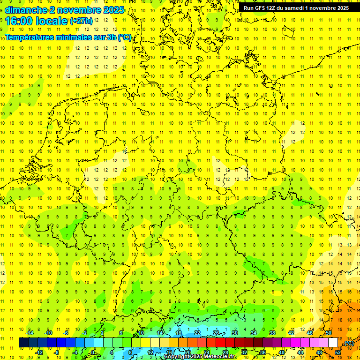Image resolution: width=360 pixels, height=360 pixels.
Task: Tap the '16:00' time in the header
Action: click(19, 21)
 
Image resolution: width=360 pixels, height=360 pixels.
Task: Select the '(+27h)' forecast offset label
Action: click(81, 21)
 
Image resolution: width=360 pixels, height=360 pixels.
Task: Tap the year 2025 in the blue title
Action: click(113, 9)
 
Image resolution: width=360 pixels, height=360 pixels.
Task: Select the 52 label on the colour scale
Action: click(338, 352)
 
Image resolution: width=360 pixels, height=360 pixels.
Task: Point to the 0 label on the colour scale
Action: click(93, 352)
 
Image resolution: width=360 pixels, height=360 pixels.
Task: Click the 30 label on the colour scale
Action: click(234, 333)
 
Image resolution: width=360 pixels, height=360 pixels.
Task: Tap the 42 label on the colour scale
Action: click(291, 333)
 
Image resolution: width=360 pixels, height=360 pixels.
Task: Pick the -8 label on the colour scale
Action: click(57, 352)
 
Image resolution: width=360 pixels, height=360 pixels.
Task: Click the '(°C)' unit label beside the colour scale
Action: click(349, 344)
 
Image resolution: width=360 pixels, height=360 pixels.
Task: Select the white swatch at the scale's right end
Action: click(333, 343)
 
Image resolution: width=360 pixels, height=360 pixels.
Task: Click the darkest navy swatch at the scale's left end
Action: click(23, 343)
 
